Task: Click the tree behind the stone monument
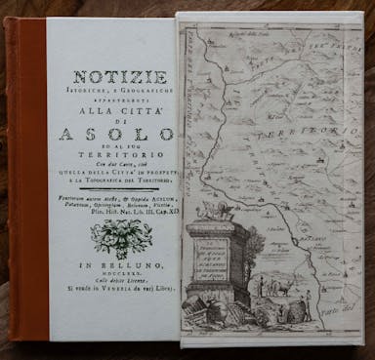point(256,239)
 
